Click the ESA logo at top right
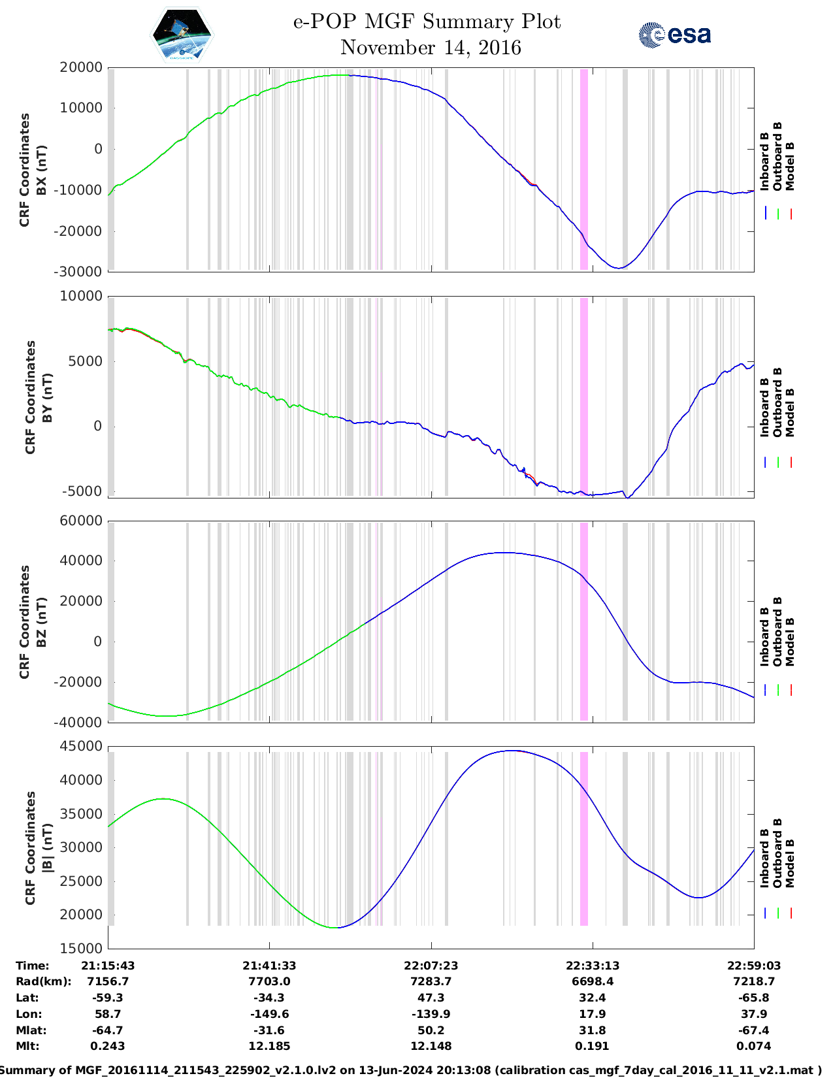pos(674,35)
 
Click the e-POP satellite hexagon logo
pos(182,35)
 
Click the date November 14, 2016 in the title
pos(431,48)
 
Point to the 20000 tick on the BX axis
pos(81,67)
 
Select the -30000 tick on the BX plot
pos(81,272)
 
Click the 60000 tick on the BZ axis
pos(81,521)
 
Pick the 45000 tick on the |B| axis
pos(81,746)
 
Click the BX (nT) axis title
pos(41,170)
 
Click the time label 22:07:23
pos(431,966)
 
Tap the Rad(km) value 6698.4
pos(592,981)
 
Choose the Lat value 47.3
pos(431,998)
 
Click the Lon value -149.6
pos(269,1014)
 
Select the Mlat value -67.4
pos(753,1030)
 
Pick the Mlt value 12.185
pos(269,1046)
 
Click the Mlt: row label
pos(27,1046)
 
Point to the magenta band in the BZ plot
pos(584,621)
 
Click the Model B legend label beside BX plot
pos(790,166)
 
